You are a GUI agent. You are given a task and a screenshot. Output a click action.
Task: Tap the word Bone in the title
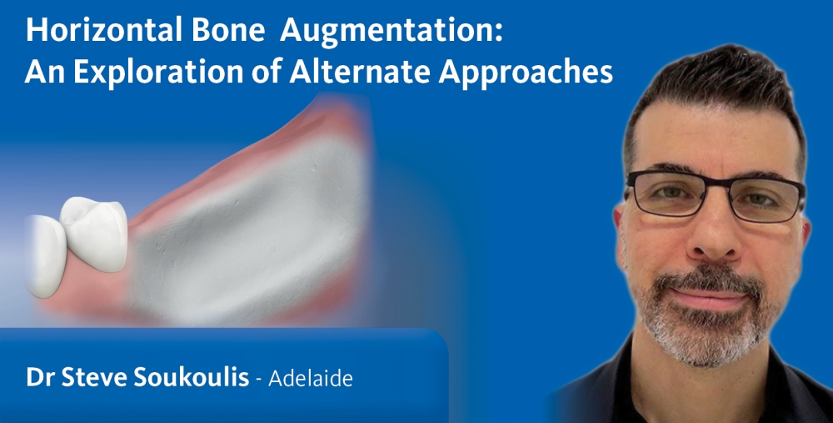[228, 31]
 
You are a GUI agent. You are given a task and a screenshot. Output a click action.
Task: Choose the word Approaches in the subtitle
[526, 73]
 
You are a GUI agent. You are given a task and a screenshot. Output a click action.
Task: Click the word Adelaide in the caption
[311, 378]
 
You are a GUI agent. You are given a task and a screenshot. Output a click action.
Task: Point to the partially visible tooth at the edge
[44, 256]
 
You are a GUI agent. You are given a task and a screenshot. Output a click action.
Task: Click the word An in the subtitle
[45, 72]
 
